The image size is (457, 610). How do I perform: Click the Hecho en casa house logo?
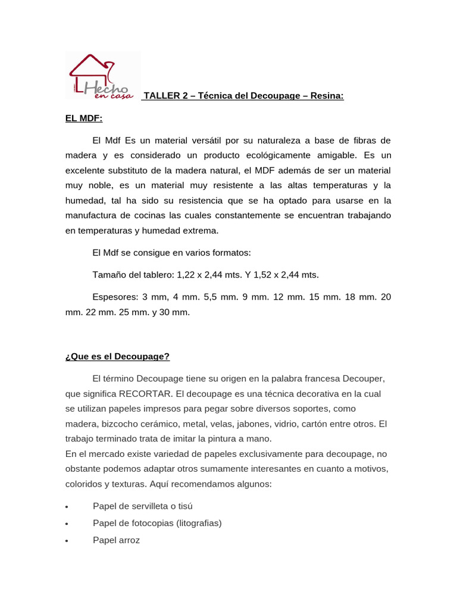tap(102, 76)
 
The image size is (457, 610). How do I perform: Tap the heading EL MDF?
tap(84, 119)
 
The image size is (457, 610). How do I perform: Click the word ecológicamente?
tap(289, 155)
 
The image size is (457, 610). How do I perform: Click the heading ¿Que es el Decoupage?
tap(117, 356)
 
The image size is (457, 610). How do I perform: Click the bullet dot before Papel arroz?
tap(67, 541)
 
